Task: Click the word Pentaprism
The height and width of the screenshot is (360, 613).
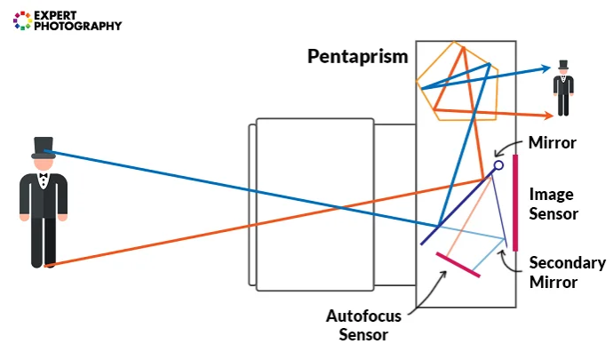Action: [x=357, y=57]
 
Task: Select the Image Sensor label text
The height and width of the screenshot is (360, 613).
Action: [x=553, y=204]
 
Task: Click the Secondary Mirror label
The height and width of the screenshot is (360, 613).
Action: [x=567, y=272]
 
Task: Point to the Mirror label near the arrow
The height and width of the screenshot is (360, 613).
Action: [x=553, y=142]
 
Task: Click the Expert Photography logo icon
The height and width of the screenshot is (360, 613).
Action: [x=21, y=20]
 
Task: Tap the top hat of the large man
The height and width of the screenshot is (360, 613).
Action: [x=43, y=148]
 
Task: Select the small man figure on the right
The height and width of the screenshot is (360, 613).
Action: [x=562, y=89]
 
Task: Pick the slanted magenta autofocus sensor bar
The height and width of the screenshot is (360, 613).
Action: [x=458, y=265]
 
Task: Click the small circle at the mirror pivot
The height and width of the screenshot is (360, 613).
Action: [x=498, y=164]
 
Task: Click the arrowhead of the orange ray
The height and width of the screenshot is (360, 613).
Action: [x=547, y=115]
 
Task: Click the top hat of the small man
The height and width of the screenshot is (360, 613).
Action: [x=562, y=67]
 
